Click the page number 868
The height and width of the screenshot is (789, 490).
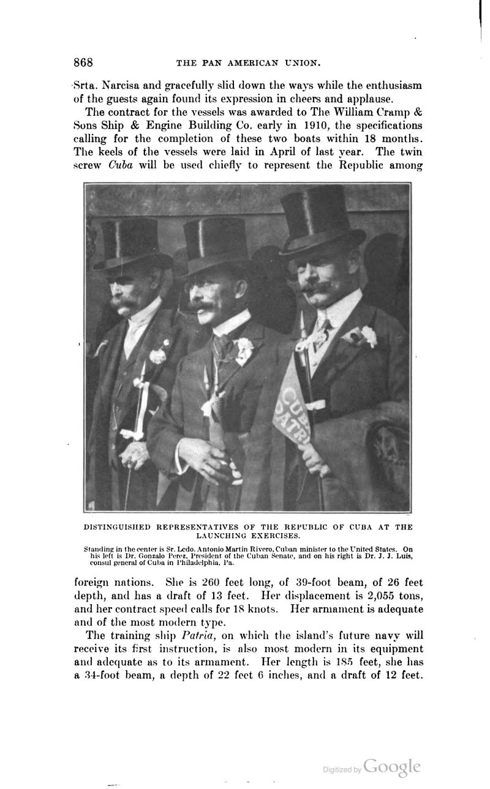[x=83, y=62]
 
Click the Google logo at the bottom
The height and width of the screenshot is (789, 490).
[x=391, y=766]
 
